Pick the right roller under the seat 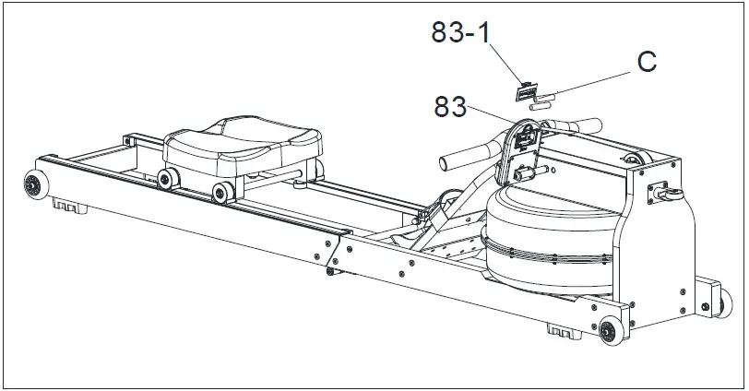pos(222,193)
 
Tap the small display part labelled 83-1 pos(527,91)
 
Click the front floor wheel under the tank pos(610,331)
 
